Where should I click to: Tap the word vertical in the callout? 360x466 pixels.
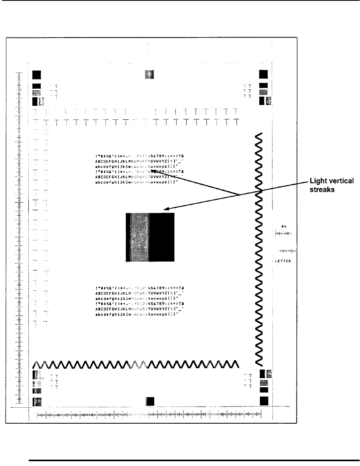340,182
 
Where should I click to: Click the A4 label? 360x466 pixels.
284,226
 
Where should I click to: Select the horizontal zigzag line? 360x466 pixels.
136,364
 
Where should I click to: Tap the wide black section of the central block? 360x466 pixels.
162,237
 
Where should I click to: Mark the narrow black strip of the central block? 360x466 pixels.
128,237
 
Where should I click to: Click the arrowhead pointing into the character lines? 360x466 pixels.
153,172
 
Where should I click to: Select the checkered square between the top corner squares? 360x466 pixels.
149,74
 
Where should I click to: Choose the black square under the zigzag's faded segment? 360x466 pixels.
150,401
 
